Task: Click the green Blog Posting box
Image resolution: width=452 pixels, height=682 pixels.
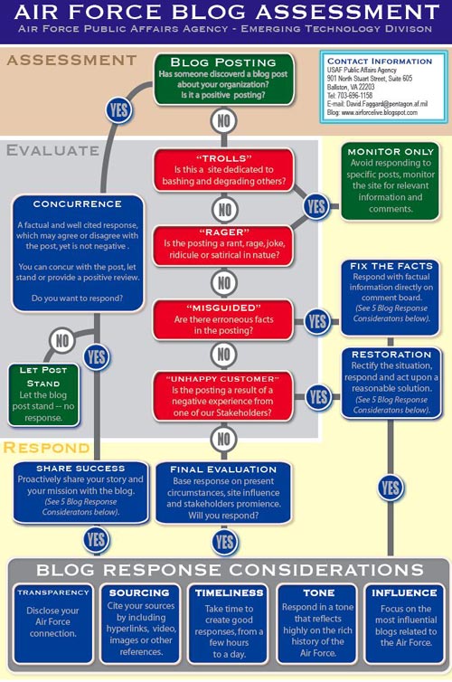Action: tap(224, 80)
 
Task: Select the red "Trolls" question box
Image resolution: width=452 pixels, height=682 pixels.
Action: tap(224, 170)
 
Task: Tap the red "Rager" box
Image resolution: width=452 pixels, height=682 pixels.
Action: tap(224, 244)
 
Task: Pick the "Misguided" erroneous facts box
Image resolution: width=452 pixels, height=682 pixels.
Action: tap(223, 319)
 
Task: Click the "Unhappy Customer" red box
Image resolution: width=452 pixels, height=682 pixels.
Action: tap(223, 395)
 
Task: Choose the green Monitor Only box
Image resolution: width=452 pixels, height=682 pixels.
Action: tap(391, 181)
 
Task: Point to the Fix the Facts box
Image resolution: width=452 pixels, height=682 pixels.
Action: tap(391, 297)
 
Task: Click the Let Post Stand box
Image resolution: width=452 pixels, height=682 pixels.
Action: tap(43, 394)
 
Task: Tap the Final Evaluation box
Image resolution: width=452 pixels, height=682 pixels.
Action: tap(223, 493)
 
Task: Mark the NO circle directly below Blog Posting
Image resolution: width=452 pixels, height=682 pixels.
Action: tap(224, 120)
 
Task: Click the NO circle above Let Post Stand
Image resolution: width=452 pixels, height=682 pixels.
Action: tap(62, 341)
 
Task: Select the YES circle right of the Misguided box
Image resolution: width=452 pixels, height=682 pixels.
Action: tap(317, 322)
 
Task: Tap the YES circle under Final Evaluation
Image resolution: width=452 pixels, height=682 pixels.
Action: tap(225, 542)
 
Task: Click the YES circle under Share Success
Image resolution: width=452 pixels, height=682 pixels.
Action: tap(96, 540)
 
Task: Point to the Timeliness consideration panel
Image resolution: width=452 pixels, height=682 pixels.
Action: tap(229, 623)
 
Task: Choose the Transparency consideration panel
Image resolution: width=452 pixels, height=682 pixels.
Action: tap(53, 623)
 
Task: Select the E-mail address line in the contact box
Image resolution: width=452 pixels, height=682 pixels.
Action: tap(377, 104)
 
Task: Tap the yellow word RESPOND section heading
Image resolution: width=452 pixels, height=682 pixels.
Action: tap(46, 448)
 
